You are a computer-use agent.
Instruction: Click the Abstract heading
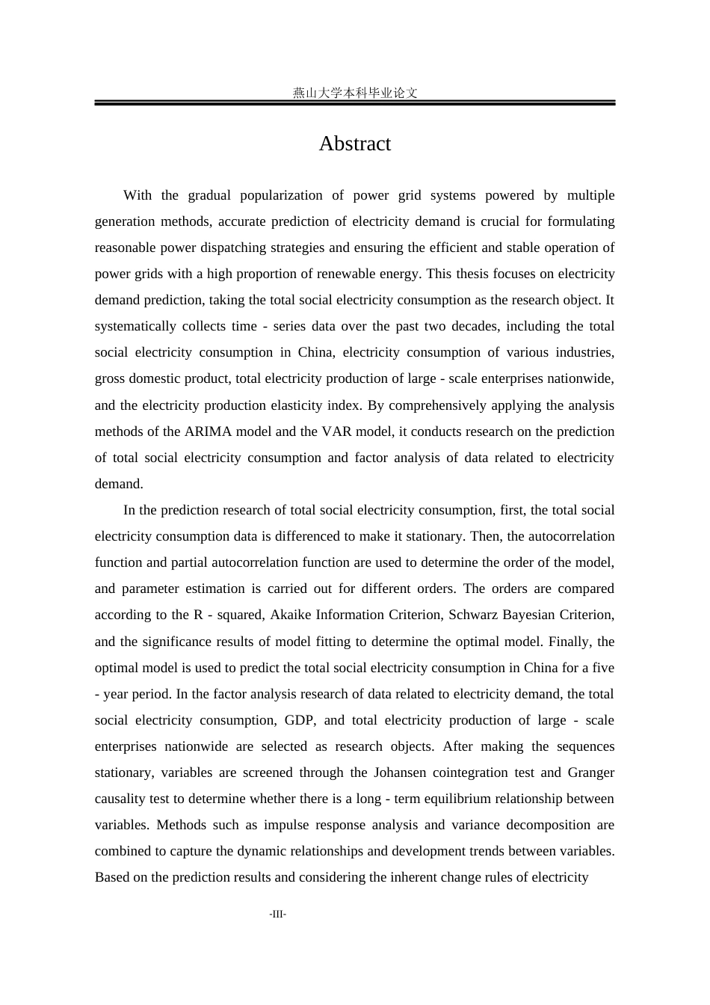tap(354, 144)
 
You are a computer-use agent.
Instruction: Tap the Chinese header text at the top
tap(354, 93)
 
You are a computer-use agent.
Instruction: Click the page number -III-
tap(278, 915)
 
